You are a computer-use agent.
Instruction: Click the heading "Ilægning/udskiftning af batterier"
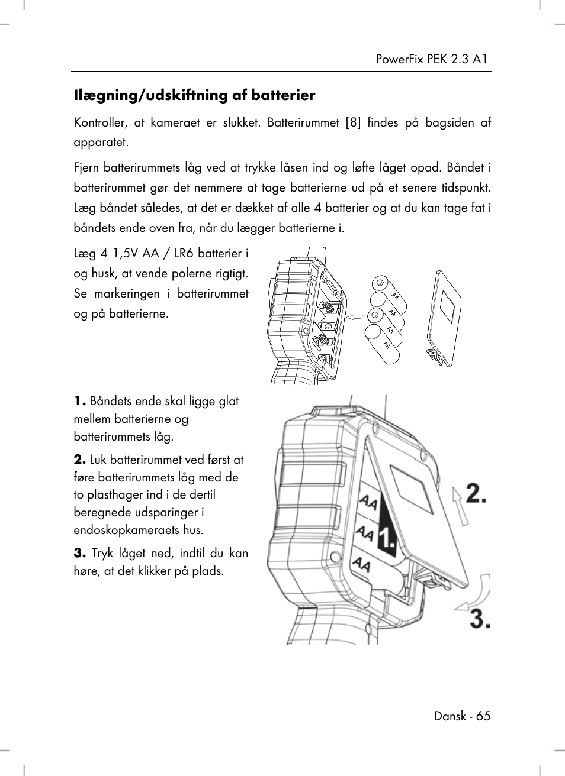point(194,95)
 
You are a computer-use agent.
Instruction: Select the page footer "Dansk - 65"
point(462,716)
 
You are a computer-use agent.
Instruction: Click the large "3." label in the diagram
point(480,619)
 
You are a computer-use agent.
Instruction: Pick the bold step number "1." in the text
point(80,401)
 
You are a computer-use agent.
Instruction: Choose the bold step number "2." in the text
point(80,460)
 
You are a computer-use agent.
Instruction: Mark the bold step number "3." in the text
point(80,553)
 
